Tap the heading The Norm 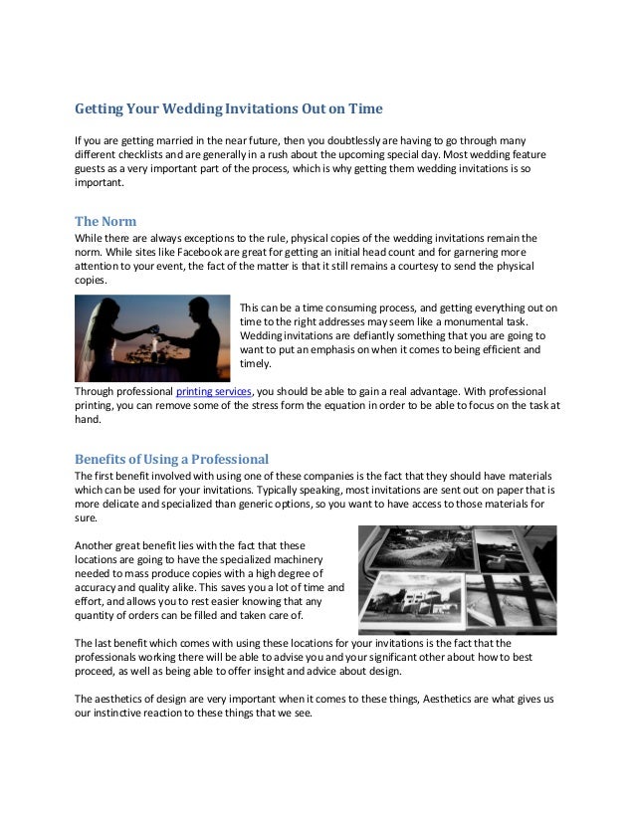click(106, 220)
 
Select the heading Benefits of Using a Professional click(172, 459)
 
